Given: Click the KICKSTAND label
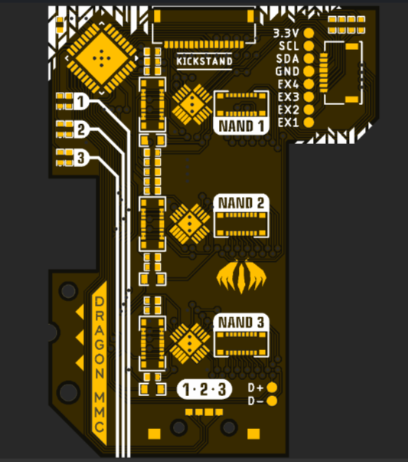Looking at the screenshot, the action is pyautogui.click(x=204, y=61).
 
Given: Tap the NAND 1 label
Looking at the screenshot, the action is pyautogui.click(x=241, y=126).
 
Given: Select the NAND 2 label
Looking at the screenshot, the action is pyautogui.click(x=241, y=203).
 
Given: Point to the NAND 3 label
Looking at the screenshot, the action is pyautogui.click(x=241, y=322).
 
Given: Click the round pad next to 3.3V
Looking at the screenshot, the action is pyautogui.click(x=308, y=33).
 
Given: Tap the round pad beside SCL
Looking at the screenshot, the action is pyautogui.click(x=308, y=46).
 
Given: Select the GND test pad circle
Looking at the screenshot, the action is pyautogui.click(x=308, y=71).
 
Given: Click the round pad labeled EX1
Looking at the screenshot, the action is pyautogui.click(x=308, y=123).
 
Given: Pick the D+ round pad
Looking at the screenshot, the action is pyautogui.click(x=272, y=388).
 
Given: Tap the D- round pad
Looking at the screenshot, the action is pyautogui.click(x=272, y=401).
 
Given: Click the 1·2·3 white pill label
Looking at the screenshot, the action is pyautogui.click(x=204, y=389).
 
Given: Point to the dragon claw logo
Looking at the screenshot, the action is pyautogui.click(x=241, y=277).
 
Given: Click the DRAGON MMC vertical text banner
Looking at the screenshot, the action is pyautogui.click(x=100, y=363).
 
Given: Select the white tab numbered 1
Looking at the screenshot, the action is pyautogui.click(x=80, y=102).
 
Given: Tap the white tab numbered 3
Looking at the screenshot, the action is pyautogui.click(x=80, y=158).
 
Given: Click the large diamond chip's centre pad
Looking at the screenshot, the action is pyautogui.click(x=102, y=58).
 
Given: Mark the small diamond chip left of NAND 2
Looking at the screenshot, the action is pyautogui.click(x=190, y=224).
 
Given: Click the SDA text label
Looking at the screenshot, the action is pyautogui.click(x=287, y=59).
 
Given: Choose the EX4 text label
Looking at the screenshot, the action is pyautogui.click(x=288, y=84).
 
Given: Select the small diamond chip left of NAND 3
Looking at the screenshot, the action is pyautogui.click(x=190, y=343).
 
